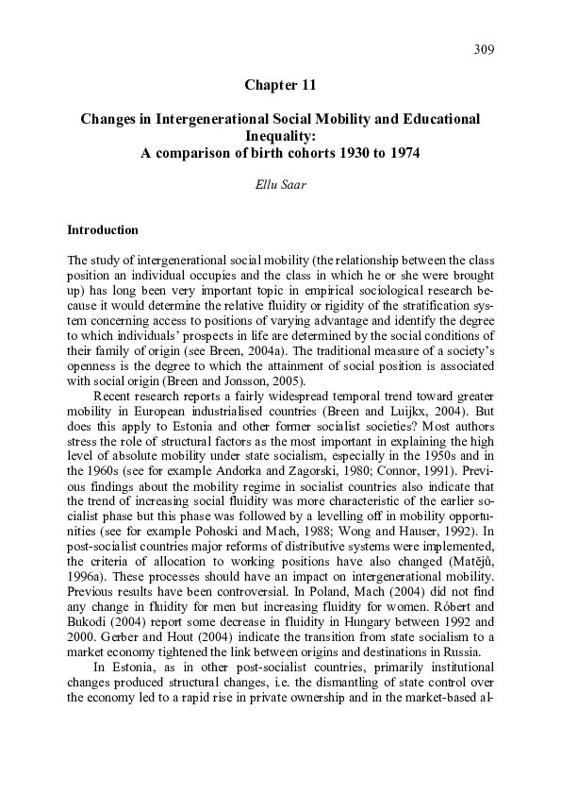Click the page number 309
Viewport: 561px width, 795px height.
point(484,49)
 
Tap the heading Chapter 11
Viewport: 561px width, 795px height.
point(280,85)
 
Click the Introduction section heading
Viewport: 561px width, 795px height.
point(103,229)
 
